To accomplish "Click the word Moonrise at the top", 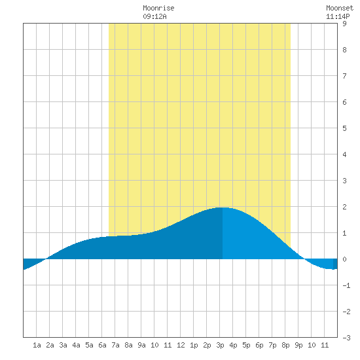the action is (158, 8).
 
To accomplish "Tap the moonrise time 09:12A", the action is (154, 16).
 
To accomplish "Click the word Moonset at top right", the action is (340, 8).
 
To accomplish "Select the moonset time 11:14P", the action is (338, 16).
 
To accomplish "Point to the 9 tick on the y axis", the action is (344, 24).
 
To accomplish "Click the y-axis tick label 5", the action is (344, 128).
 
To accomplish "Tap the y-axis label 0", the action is (344, 259).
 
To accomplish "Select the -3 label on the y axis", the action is (346, 338).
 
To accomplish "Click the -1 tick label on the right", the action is (346, 285).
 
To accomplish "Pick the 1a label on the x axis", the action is (37, 345).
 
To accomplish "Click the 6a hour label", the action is (102, 345).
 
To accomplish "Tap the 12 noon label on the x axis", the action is (181, 345).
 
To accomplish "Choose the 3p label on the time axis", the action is (220, 345).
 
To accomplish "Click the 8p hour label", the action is (285, 345).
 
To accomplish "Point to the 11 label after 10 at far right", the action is (325, 345).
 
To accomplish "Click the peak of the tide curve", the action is (222, 207).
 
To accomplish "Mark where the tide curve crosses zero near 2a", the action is (46, 259).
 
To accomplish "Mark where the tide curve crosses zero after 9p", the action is (304, 259).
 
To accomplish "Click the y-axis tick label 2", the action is (344, 207).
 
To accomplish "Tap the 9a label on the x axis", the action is (141, 345).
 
